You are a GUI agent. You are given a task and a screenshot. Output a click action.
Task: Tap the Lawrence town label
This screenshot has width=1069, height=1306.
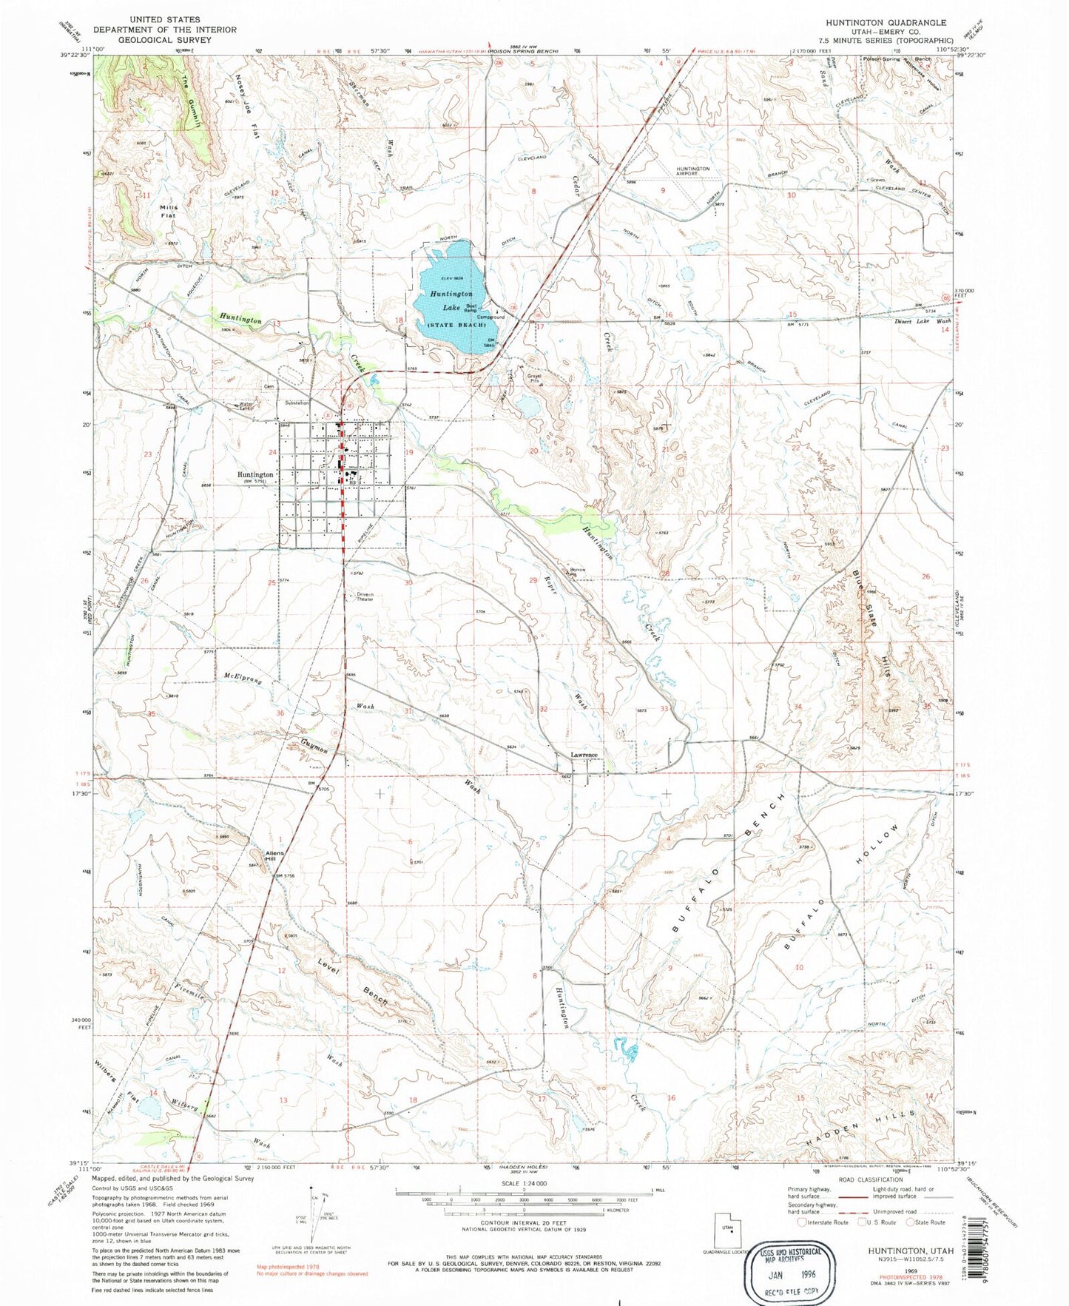click(x=584, y=755)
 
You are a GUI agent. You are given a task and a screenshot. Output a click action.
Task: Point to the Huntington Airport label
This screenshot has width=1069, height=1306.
click(x=692, y=172)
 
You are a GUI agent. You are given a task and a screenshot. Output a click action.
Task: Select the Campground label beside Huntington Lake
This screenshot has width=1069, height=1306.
click(x=490, y=317)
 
